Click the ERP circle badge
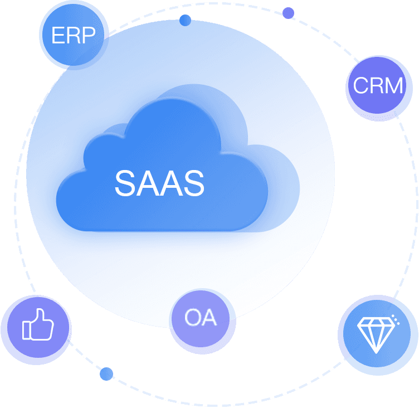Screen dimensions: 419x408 [74, 35]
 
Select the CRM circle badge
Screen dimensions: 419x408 [378, 85]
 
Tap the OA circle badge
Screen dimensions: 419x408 [201, 318]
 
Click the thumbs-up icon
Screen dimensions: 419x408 [38, 324]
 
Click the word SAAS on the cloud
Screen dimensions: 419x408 [159, 183]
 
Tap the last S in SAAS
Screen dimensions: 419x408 [194, 183]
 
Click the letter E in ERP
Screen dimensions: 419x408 [58, 35]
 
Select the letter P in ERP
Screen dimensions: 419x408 [89, 35]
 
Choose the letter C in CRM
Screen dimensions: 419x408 [361, 85]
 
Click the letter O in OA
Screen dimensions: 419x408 [193, 317]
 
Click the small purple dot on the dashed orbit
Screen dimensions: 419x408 [288, 13]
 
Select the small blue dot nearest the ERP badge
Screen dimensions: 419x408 [185, 20]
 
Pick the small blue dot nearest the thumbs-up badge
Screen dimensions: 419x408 [106, 374]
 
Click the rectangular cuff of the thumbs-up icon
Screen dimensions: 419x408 [26, 330]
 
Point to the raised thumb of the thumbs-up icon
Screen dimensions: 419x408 [40, 316]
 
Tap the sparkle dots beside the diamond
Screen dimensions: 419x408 [396, 319]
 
